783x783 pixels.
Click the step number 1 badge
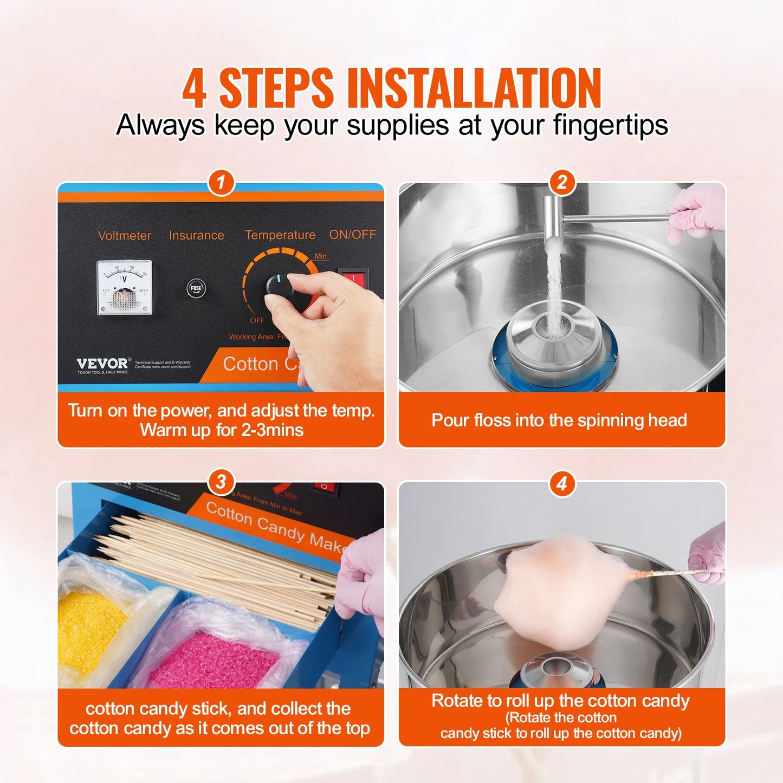pos(221,183)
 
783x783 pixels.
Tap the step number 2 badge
pos(562,183)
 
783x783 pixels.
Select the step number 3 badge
pos(221,482)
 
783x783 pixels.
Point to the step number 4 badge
pos(562,483)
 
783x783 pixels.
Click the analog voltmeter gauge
pos(124,288)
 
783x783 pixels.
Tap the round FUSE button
pos(196,288)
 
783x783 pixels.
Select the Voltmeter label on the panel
pos(124,236)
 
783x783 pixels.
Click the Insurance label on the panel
pos(196,236)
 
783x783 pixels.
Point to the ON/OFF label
pos(352,235)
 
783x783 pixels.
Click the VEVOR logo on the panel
pos(102,364)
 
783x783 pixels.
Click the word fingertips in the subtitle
pos(610,126)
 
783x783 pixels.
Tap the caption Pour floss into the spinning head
pos(559,420)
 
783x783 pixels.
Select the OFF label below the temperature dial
pos(257,320)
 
